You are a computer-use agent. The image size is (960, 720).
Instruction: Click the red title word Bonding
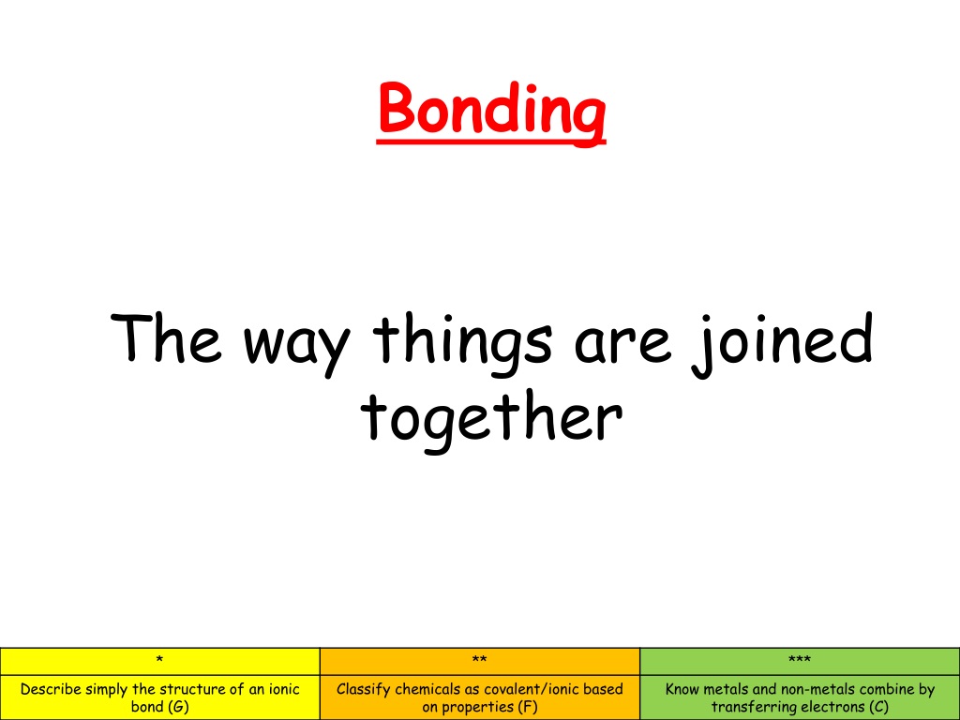click(491, 109)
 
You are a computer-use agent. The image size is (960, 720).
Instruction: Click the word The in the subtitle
click(165, 337)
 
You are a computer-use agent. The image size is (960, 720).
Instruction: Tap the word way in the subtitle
click(296, 346)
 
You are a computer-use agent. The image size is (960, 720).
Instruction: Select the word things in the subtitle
click(462, 343)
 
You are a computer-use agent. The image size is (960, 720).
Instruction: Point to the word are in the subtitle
click(622, 345)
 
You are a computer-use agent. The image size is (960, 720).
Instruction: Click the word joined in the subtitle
click(782, 343)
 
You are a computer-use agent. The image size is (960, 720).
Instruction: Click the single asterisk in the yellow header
click(159, 660)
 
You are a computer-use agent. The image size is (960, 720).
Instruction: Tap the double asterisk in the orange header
click(479, 660)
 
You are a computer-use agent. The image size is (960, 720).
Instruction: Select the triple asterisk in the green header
click(800, 660)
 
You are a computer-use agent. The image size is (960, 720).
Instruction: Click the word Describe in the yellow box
click(51, 689)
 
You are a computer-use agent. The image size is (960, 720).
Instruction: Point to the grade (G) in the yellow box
click(177, 707)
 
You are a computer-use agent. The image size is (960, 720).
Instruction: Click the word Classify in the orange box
click(364, 690)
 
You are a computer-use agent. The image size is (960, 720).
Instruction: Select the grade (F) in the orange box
click(527, 707)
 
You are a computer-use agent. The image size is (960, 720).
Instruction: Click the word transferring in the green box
click(757, 708)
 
